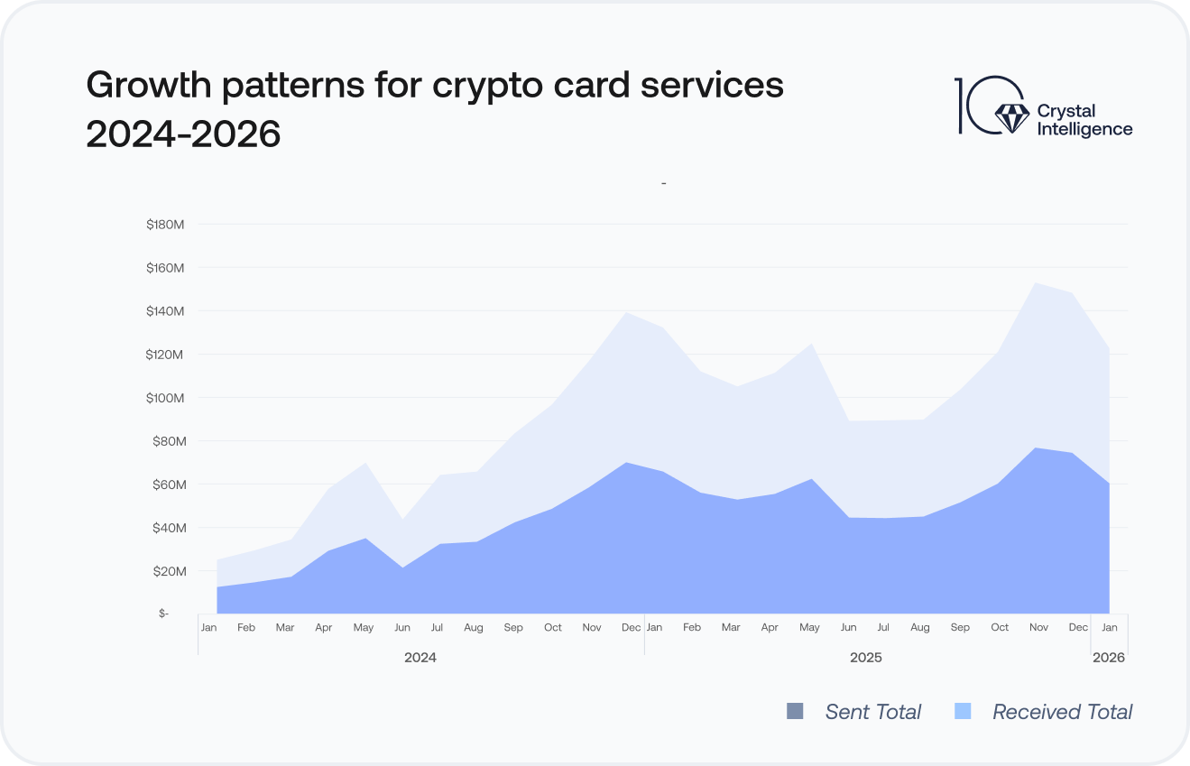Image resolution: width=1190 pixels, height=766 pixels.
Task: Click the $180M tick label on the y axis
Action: pyautogui.click(x=165, y=225)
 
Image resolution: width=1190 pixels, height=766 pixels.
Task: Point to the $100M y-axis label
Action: pyautogui.click(x=165, y=398)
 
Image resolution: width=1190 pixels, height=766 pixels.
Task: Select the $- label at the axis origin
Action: pyautogui.click(x=163, y=614)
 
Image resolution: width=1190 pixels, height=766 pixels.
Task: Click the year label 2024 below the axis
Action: pyautogui.click(x=420, y=658)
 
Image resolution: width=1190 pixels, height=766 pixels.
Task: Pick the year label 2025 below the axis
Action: pyautogui.click(x=866, y=658)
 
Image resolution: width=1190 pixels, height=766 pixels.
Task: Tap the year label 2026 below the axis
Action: pyautogui.click(x=1109, y=658)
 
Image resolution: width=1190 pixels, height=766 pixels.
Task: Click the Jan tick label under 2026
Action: pyautogui.click(x=1109, y=627)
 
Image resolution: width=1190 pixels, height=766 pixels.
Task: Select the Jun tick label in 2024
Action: pyautogui.click(x=402, y=627)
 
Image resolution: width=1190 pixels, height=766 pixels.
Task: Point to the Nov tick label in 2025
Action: pyautogui.click(x=1039, y=627)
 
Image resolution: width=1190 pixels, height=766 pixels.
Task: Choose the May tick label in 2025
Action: pyautogui.click(x=810, y=627)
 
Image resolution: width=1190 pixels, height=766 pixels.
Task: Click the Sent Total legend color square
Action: pyautogui.click(x=795, y=712)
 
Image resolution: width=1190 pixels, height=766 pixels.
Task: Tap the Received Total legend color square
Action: pyautogui.click(x=963, y=712)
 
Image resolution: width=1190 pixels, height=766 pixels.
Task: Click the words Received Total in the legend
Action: pyautogui.click(x=1062, y=712)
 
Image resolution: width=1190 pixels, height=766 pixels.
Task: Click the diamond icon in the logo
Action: pyautogui.click(x=1010, y=115)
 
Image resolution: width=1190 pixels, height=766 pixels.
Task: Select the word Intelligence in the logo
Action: pyautogui.click(x=1084, y=129)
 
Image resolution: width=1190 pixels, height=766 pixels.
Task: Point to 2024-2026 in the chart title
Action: pyautogui.click(x=183, y=134)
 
